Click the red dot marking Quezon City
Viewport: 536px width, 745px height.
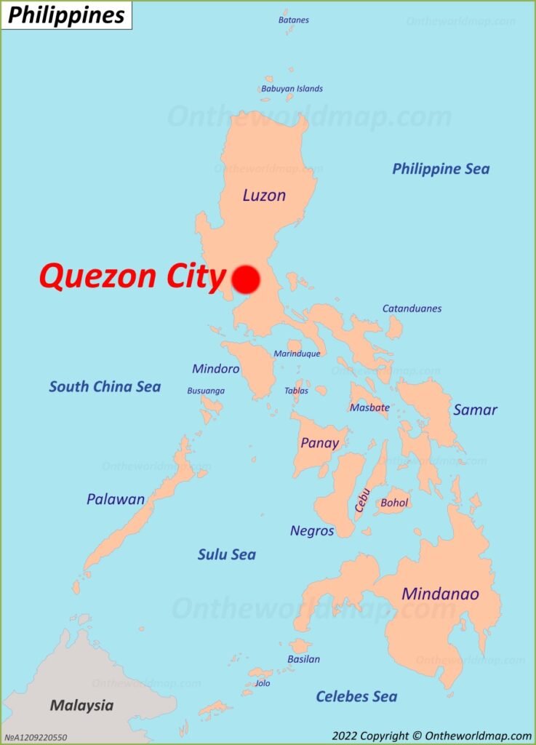point(246,279)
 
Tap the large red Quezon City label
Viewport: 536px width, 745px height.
point(132,277)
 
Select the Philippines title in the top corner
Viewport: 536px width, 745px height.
point(66,15)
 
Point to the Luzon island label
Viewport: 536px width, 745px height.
point(264,195)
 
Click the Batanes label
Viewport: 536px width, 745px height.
point(293,20)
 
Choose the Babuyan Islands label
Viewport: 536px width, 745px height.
point(292,89)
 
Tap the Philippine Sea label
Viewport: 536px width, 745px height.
point(441,169)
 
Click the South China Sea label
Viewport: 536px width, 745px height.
point(105,386)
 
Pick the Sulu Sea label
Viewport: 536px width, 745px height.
point(227,554)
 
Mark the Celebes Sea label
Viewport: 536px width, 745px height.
point(356,696)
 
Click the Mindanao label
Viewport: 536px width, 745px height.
point(440,594)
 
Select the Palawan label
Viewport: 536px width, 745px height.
point(116,499)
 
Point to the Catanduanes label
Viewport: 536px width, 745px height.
point(412,308)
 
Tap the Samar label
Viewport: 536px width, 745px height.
point(475,410)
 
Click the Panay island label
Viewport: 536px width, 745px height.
point(320,442)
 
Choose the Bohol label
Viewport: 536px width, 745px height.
point(395,503)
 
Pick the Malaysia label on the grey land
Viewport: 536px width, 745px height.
point(81,705)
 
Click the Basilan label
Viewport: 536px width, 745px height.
point(303,659)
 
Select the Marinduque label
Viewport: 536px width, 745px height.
point(297,354)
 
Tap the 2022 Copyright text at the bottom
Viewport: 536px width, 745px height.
point(431,736)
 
